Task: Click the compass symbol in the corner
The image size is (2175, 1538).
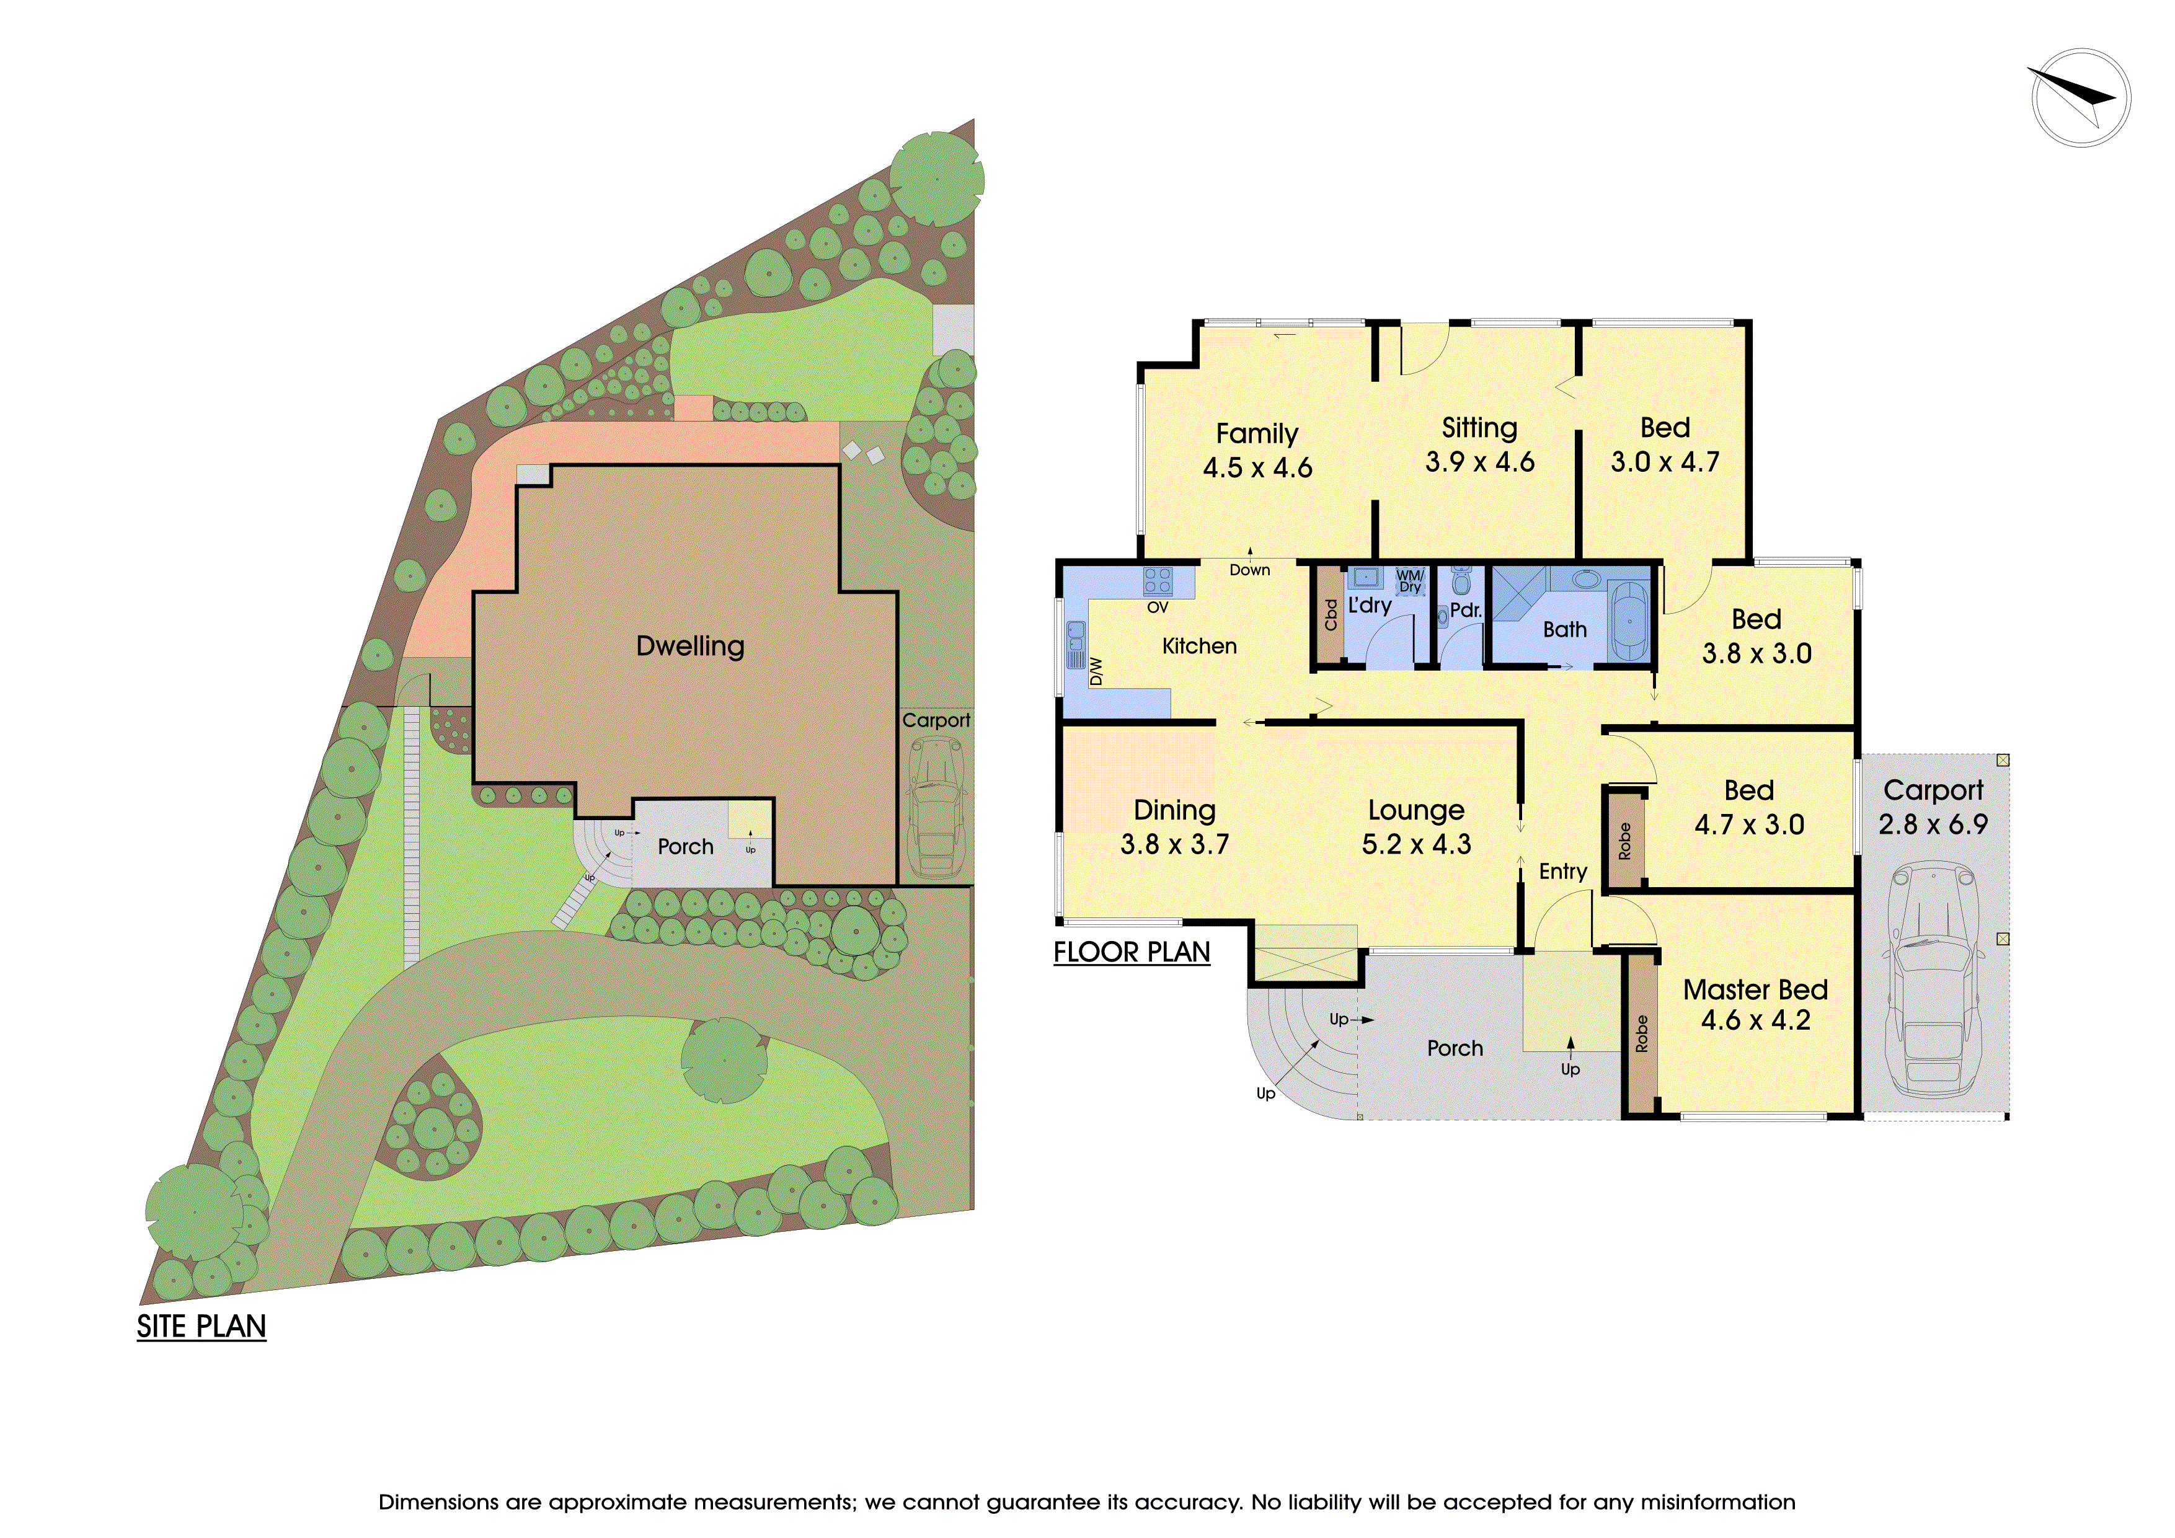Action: [x=2080, y=97]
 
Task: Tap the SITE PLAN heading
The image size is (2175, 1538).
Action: [x=201, y=1327]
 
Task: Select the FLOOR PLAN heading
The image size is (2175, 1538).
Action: [x=1132, y=952]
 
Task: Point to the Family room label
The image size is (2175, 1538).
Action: [x=1257, y=434]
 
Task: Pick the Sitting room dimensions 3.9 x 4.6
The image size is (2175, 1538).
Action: [x=1480, y=462]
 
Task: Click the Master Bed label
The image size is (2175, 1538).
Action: [x=1755, y=989]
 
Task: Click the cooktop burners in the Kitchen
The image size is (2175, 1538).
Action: [x=1158, y=580]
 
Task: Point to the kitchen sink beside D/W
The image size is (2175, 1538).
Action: [x=1076, y=644]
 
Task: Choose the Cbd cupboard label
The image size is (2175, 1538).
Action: [x=1331, y=614]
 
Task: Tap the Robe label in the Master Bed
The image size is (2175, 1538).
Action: [x=1642, y=1034]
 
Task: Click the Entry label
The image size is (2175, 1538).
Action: [x=1563, y=871]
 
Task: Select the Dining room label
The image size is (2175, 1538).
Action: [x=1175, y=811]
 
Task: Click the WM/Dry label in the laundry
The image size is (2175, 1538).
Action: [x=1409, y=580]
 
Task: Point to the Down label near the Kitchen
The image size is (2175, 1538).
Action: [x=1249, y=570]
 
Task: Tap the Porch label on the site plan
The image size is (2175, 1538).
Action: [x=685, y=847]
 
